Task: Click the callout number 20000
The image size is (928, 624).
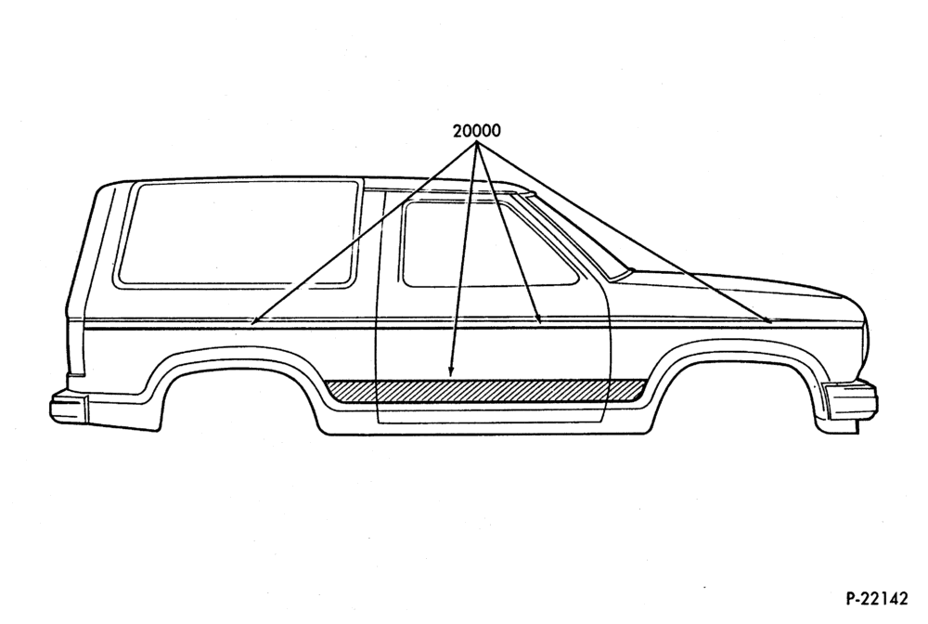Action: (476, 130)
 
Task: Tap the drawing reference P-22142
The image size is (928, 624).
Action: (876, 599)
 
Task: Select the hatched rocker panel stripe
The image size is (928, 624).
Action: (485, 391)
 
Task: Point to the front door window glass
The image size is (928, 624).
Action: (491, 244)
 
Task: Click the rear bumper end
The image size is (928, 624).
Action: (68, 406)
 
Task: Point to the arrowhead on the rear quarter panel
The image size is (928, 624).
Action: (253, 321)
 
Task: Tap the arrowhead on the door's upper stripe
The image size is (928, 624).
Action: (538, 318)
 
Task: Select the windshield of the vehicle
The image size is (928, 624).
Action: (568, 234)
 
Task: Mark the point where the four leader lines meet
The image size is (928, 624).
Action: (476, 143)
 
